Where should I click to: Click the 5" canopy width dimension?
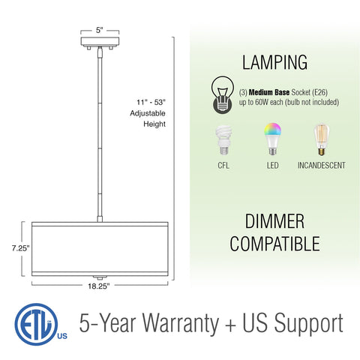[100, 30]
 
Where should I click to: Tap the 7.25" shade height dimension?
[20, 248]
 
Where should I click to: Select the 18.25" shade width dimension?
[99, 286]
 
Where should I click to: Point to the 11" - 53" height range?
[151, 102]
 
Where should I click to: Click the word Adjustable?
[148, 113]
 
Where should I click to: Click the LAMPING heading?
[274, 62]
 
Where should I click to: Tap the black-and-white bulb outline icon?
[223, 94]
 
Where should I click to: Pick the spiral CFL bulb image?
[223, 140]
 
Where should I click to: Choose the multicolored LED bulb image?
[272, 139]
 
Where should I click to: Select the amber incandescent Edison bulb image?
[322, 139]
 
